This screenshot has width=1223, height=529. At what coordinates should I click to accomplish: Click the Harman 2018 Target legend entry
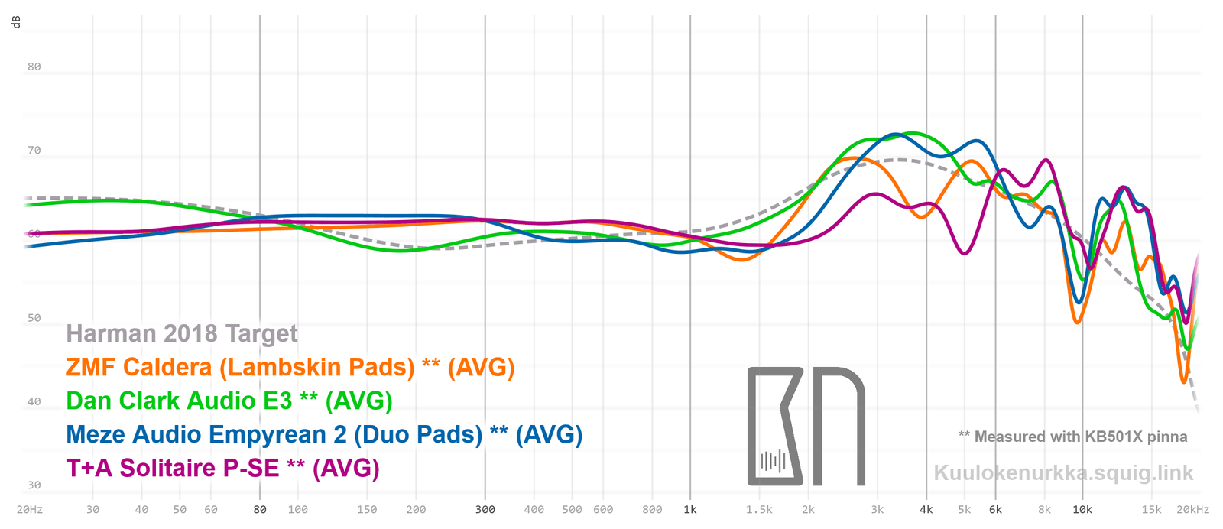(x=181, y=334)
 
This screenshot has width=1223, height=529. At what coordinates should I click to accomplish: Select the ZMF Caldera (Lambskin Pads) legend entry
(x=290, y=368)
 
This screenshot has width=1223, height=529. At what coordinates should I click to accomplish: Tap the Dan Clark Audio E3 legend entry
(x=229, y=401)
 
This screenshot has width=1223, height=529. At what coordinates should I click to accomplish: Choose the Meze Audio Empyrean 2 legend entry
(x=324, y=435)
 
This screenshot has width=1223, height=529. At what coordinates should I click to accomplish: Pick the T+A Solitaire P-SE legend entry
(x=222, y=469)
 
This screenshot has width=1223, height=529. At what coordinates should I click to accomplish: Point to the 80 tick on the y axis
(x=34, y=67)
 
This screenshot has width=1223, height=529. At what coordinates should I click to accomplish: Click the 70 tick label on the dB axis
(x=34, y=151)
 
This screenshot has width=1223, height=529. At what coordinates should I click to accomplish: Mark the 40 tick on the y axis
(x=34, y=401)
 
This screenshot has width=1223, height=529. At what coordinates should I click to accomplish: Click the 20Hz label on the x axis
(x=29, y=510)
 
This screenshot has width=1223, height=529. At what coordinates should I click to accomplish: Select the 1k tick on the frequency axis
(x=689, y=510)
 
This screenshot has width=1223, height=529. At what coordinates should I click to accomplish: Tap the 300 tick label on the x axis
(x=485, y=510)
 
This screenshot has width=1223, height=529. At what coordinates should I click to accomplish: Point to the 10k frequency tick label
(x=1082, y=510)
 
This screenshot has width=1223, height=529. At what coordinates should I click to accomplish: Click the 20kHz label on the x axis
(x=1192, y=510)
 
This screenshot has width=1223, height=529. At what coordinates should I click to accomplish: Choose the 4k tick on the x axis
(x=926, y=510)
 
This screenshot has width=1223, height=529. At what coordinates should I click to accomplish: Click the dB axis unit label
(x=16, y=22)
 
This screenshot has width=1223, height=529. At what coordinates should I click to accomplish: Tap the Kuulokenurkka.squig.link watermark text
(x=1063, y=473)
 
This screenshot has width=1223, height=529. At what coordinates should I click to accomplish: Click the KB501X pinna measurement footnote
(x=1072, y=437)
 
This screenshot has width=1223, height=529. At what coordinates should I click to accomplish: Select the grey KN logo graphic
(x=806, y=427)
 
